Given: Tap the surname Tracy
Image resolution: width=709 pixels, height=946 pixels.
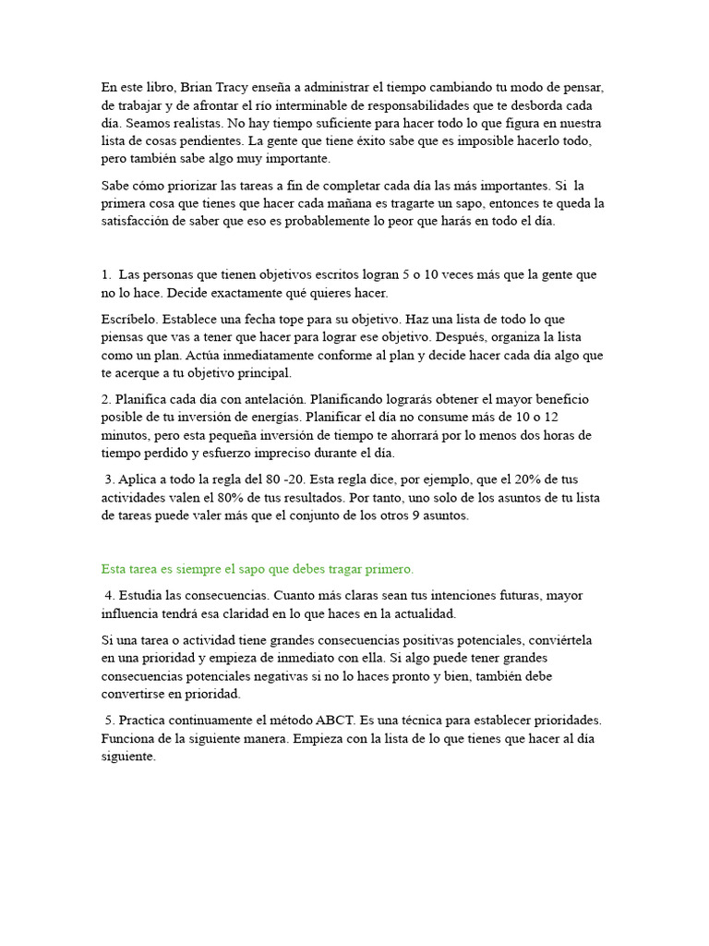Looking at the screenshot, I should pos(234,87).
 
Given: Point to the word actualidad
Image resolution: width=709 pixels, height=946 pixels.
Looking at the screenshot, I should pos(425,612).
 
